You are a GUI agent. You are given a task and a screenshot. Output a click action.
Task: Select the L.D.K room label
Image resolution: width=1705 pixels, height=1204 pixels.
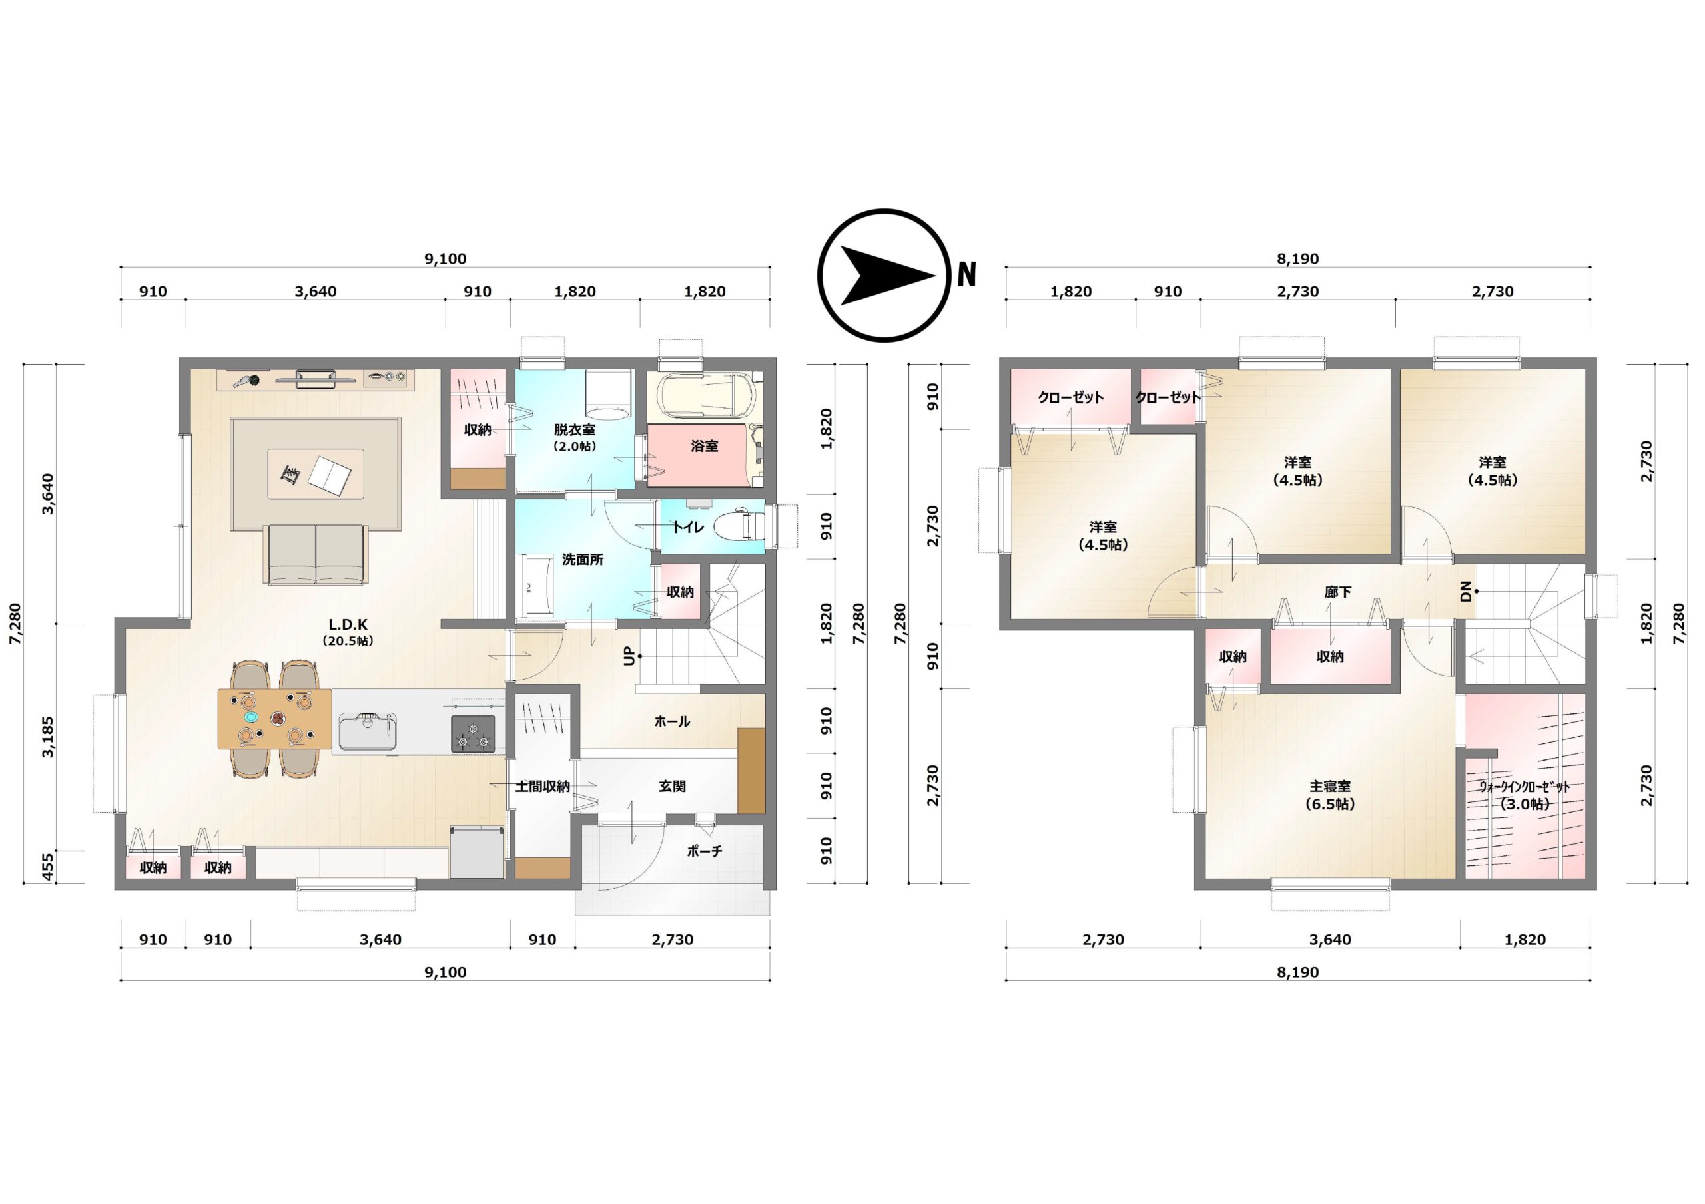348,625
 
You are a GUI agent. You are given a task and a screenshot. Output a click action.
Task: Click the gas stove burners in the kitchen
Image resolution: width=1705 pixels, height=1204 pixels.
473,733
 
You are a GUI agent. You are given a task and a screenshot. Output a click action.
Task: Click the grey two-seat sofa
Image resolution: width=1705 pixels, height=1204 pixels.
316,554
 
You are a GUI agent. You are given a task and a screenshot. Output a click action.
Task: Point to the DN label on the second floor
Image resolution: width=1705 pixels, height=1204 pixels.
1465,592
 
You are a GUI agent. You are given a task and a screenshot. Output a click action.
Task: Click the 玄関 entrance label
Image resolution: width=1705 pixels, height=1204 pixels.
672,786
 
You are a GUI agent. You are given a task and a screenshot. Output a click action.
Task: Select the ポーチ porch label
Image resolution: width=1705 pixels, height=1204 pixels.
704,851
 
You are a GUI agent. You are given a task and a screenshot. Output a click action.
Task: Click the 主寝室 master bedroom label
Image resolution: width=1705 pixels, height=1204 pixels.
1329,786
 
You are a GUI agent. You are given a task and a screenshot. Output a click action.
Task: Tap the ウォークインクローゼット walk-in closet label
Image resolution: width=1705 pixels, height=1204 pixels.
1524,787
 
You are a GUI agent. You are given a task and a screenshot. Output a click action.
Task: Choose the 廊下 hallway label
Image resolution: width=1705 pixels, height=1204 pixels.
1337,592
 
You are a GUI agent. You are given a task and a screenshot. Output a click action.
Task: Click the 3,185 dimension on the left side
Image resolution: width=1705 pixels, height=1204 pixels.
48,736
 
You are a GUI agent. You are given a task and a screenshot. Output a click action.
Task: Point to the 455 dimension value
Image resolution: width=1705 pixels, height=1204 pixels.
48,867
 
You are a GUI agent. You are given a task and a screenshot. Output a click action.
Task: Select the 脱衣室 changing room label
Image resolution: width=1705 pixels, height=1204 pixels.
574,430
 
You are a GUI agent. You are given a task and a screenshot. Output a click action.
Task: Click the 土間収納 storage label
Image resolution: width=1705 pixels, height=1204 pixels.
542,786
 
